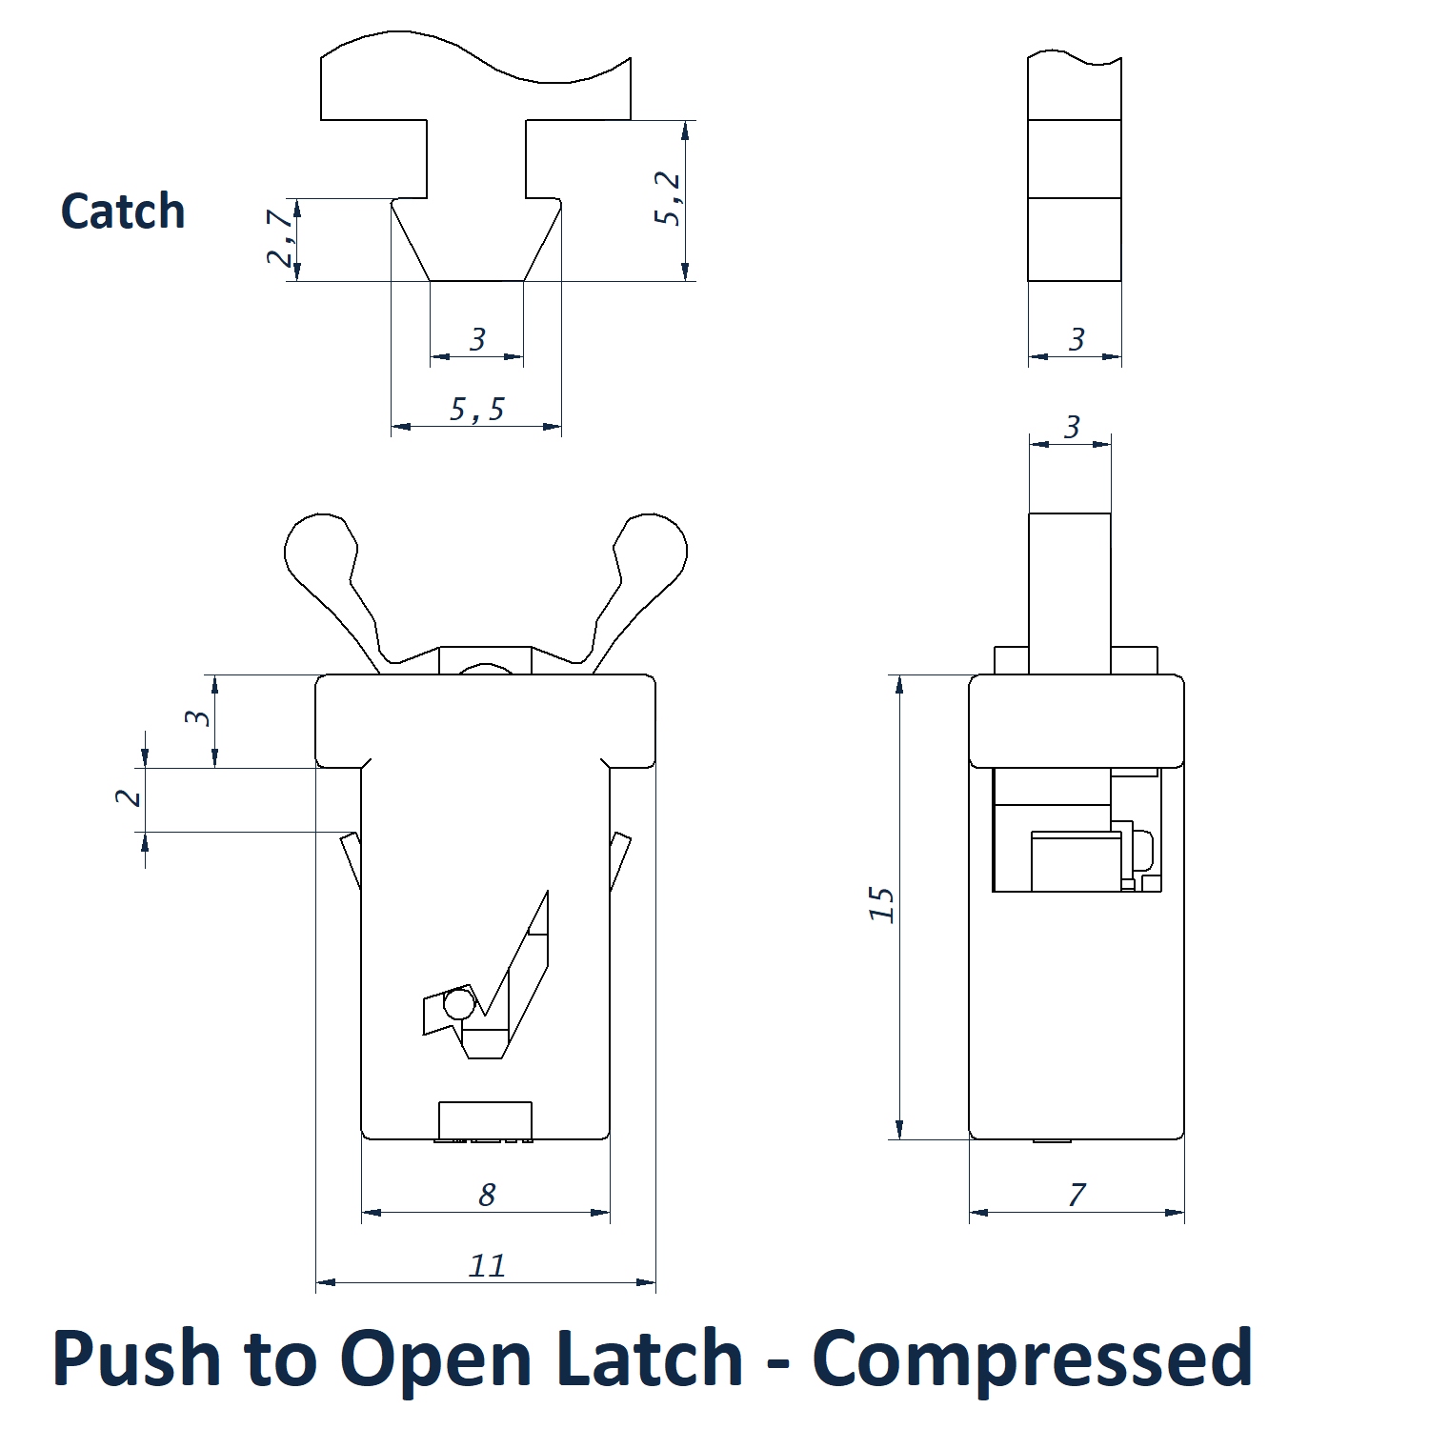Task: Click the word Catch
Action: click(x=123, y=211)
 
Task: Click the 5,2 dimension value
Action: click(x=667, y=198)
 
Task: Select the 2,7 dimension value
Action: click(x=281, y=238)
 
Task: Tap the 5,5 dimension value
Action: click(x=476, y=409)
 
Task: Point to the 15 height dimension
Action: click(x=881, y=904)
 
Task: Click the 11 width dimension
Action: click(x=487, y=1265)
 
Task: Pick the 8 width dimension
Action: click(x=487, y=1195)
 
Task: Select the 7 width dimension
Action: click(x=1077, y=1195)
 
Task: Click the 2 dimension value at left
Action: click(x=129, y=797)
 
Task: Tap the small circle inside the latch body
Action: click(x=458, y=1004)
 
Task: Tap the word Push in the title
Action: click(x=136, y=1358)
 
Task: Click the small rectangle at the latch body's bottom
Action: click(x=485, y=1119)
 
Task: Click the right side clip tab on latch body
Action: click(x=620, y=860)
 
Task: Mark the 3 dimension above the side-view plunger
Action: click(x=1072, y=427)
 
